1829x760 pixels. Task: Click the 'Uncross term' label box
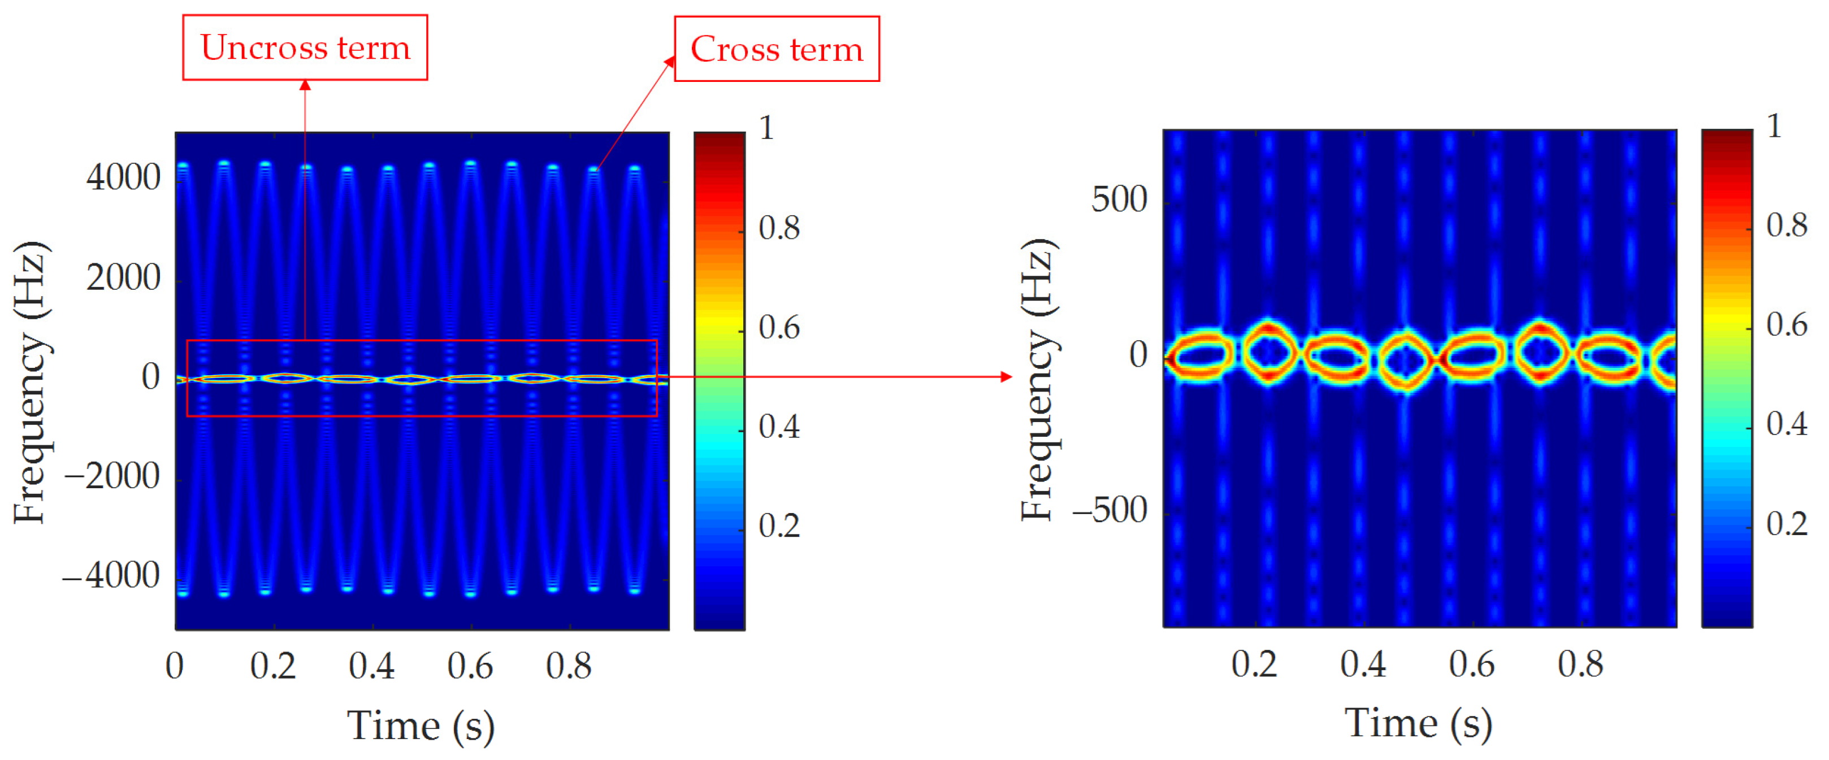(305, 47)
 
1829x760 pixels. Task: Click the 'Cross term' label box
(776, 49)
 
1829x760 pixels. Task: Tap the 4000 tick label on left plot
(124, 177)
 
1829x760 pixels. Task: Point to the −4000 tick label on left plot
(111, 575)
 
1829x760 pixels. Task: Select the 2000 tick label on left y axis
(124, 277)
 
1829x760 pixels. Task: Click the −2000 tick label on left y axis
(112, 476)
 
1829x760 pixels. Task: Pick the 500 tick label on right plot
(1119, 199)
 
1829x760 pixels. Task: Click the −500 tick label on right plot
(1109, 510)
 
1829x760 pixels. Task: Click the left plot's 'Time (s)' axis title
(421, 727)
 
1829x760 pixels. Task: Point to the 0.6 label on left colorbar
(779, 328)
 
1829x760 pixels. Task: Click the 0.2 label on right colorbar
(1787, 524)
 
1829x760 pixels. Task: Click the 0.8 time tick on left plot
(568, 666)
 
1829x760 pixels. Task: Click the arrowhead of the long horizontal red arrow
(1006, 377)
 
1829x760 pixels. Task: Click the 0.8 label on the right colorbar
(1787, 225)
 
